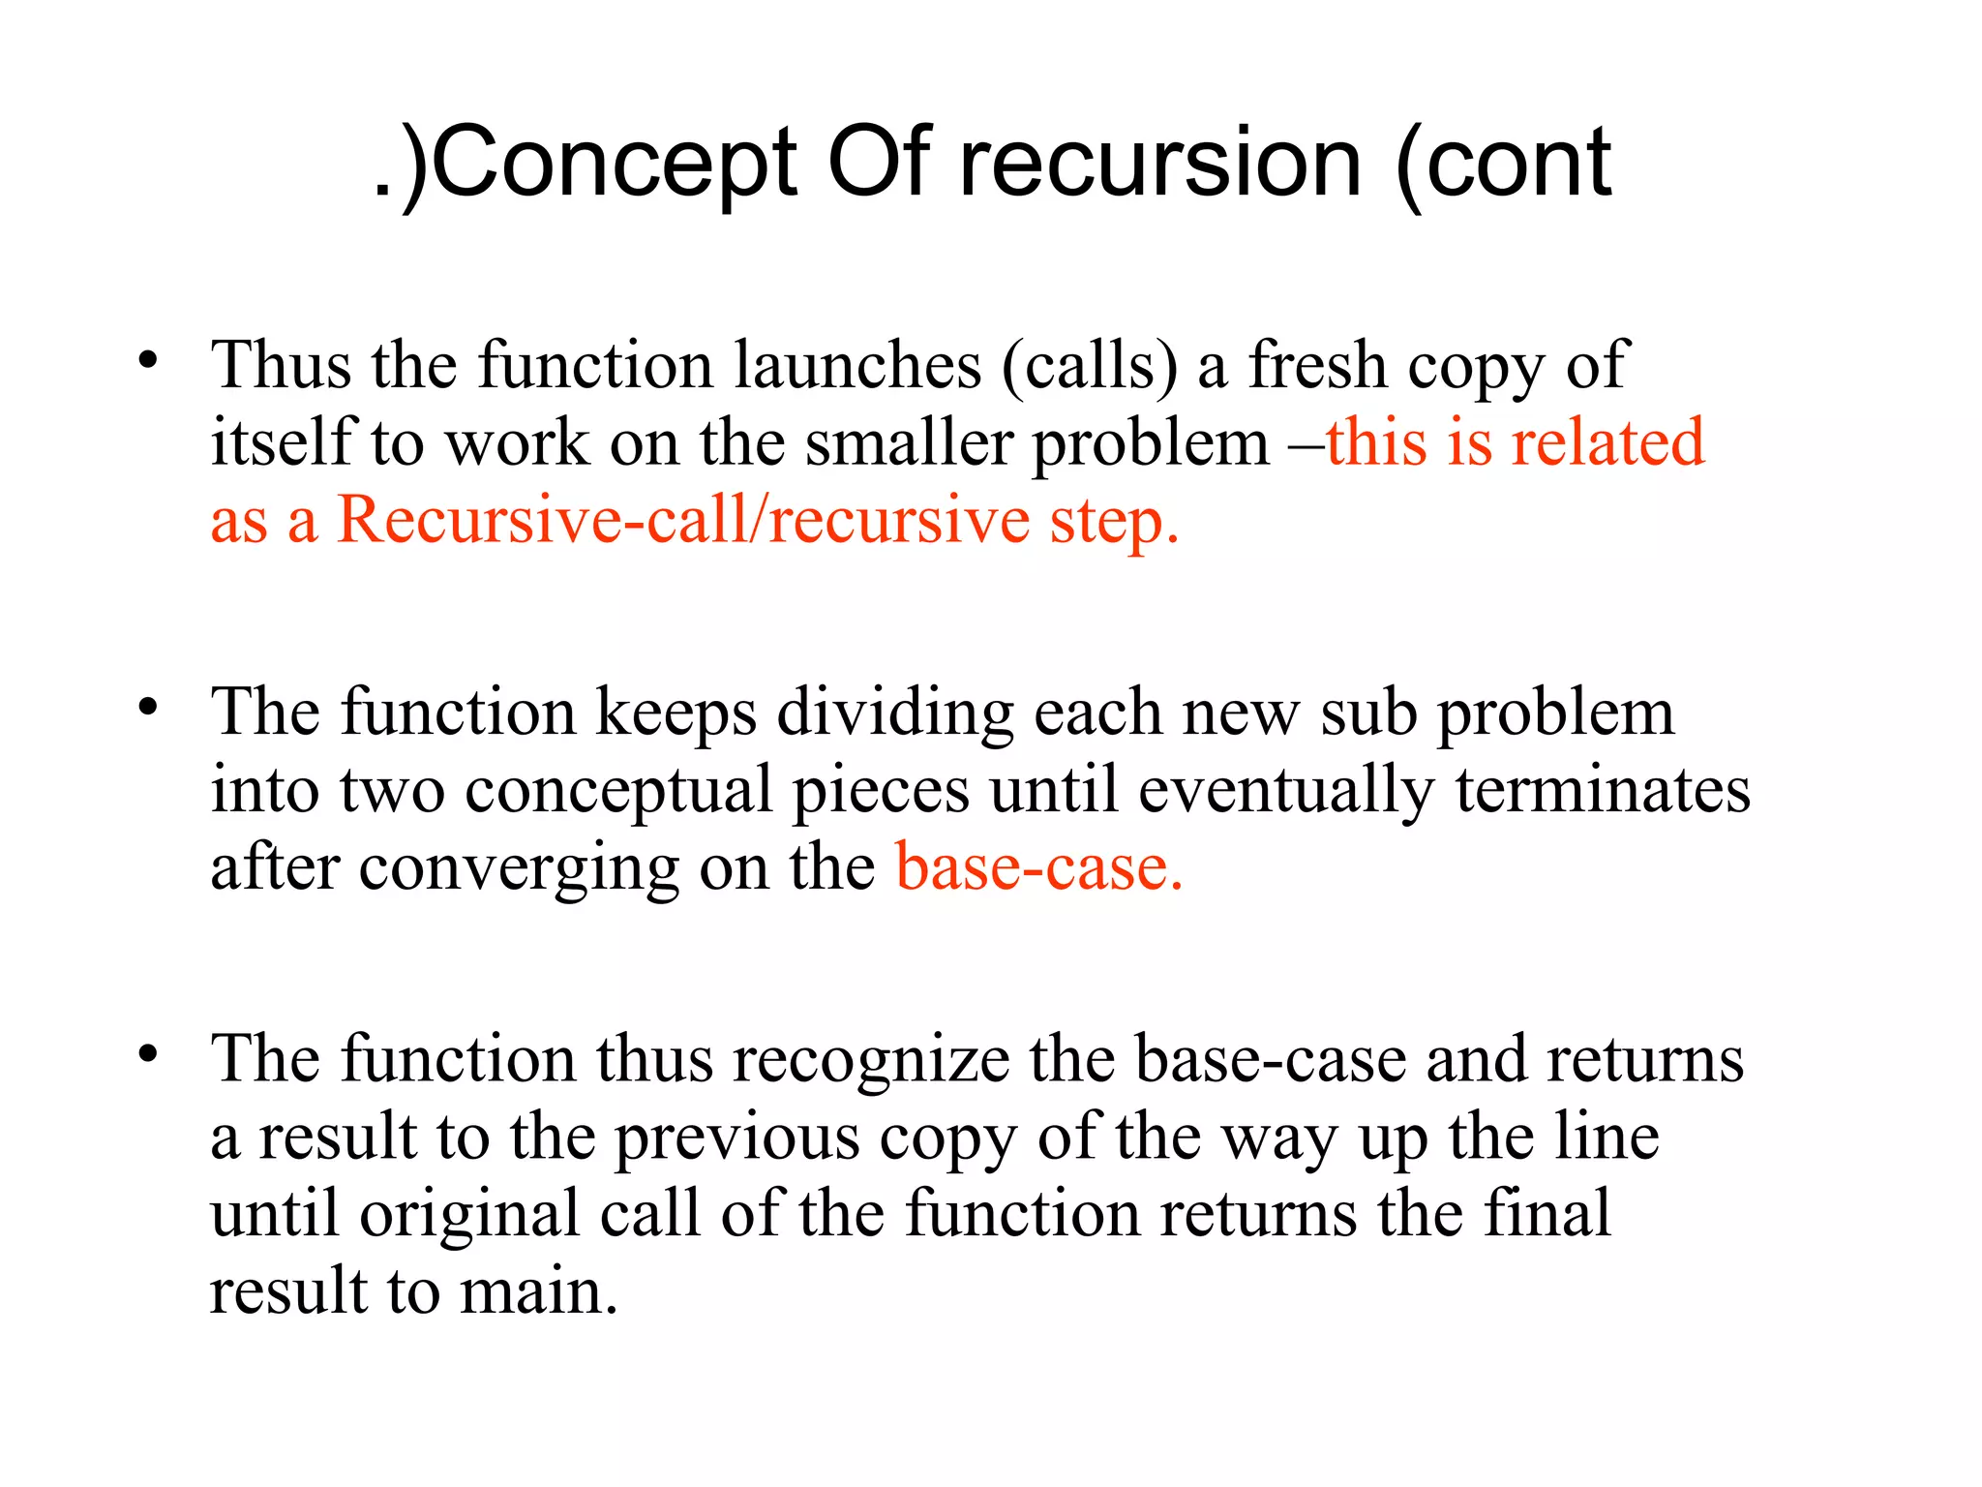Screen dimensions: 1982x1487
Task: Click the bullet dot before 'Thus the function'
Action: point(147,361)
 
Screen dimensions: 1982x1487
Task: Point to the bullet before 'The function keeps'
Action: point(147,708)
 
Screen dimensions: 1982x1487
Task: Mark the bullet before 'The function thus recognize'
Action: point(147,1054)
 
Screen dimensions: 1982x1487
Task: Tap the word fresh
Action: point(1317,366)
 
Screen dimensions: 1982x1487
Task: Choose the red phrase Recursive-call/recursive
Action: point(683,521)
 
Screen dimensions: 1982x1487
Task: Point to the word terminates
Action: point(1603,790)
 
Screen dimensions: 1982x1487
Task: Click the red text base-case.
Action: point(1038,867)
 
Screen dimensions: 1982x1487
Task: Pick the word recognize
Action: point(871,1061)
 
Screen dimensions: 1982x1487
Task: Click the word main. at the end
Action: point(538,1291)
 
